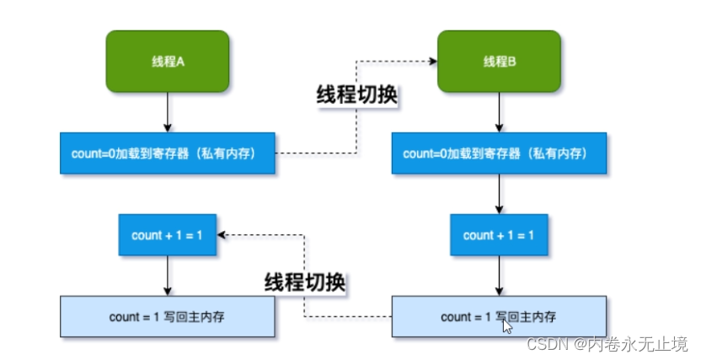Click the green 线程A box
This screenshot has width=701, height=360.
coord(168,62)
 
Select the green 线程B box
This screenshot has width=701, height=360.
coord(499,62)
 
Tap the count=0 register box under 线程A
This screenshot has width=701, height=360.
coord(168,153)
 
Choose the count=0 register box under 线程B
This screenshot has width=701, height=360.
coord(499,153)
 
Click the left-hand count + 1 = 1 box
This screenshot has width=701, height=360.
coord(168,235)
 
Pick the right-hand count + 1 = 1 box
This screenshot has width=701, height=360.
coord(499,235)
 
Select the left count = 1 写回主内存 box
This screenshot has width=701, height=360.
coord(168,317)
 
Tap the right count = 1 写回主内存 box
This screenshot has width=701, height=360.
coord(499,317)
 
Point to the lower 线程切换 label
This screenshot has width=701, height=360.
coord(305,281)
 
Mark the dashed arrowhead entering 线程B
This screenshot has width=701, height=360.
coord(432,61)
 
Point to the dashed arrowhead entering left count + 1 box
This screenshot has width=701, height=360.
coord(222,235)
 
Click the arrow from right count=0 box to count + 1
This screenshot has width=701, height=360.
coord(499,194)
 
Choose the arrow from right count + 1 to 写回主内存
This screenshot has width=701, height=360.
coord(499,276)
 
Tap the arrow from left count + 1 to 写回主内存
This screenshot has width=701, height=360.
coord(168,276)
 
